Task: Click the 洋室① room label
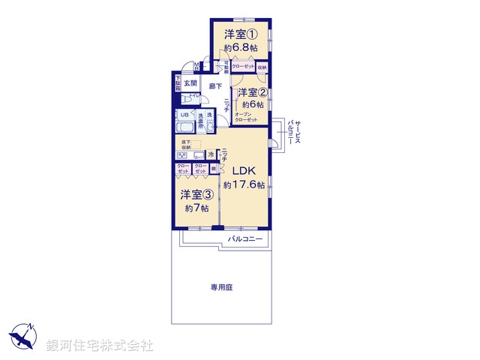pyautogui.click(x=240, y=34)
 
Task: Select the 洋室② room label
pyautogui.click(x=253, y=93)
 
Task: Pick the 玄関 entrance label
pyautogui.click(x=190, y=83)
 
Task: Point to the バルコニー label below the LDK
pyautogui.click(x=246, y=239)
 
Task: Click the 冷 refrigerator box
pyautogui.click(x=211, y=154)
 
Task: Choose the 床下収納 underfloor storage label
pyautogui.click(x=186, y=144)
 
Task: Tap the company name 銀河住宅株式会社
pyautogui.click(x=99, y=346)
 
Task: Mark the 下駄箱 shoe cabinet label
pyautogui.click(x=178, y=83)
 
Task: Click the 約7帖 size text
pyautogui.click(x=196, y=208)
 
